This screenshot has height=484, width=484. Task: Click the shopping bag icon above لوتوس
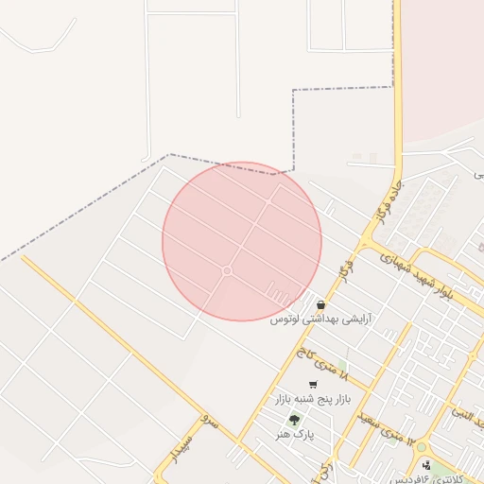point(321,305)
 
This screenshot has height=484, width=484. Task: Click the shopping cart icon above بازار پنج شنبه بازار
point(313,385)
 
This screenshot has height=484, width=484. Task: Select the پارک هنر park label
point(294,434)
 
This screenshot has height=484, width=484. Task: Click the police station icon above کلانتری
point(427,464)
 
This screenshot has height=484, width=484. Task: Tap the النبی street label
point(465,409)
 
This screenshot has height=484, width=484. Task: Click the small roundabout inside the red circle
point(227,271)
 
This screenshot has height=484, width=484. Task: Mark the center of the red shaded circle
point(242,241)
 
